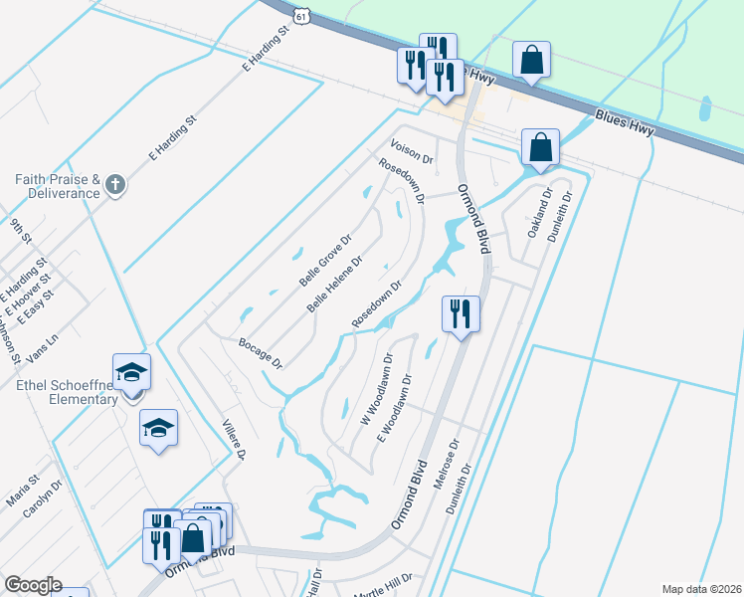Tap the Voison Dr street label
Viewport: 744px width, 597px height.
[413, 152]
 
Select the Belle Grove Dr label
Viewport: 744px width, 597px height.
[326, 261]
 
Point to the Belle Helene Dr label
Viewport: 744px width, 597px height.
[334, 285]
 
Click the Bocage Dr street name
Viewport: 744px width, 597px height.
[261, 352]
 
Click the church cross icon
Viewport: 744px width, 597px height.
[115, 185]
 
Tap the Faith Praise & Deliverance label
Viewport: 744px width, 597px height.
[58, 185]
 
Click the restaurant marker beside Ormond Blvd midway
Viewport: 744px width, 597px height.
[461, 313]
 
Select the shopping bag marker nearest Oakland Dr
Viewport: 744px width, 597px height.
[540, 147]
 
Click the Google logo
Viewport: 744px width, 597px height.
[32, 585]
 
